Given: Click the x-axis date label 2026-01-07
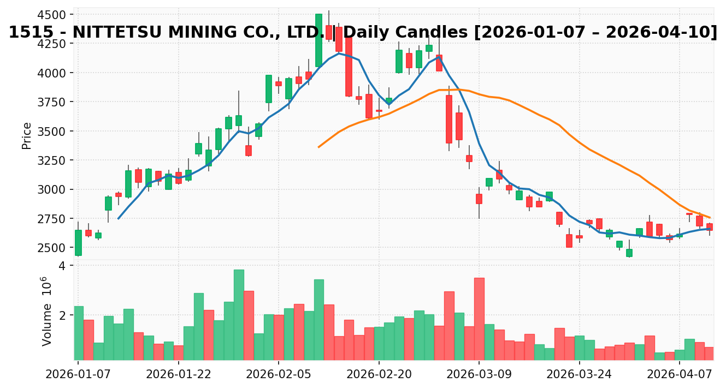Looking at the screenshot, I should [x=78, y=374].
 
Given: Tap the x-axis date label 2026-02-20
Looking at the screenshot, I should [x=379, y=374].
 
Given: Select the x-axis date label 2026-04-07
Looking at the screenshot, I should [x=680, y=374].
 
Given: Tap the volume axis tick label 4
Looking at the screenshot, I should [x=62, y=266].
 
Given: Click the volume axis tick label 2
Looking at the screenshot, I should [x=62, y=315].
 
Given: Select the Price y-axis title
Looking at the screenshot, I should [x=26, y=135].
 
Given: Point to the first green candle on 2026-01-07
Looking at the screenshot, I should [x=78, y=243].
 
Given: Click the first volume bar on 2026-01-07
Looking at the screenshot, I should [x=79, y=333].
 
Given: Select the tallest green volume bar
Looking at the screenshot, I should [x=239, y=314].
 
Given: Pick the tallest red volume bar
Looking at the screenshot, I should [x=479, y=319].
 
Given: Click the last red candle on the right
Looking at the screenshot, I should [x=709, y=226].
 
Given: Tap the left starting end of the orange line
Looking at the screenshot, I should [x=318, y=147].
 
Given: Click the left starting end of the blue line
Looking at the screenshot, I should [x=118, y=218].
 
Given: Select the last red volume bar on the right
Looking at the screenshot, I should [x=709, y=353].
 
